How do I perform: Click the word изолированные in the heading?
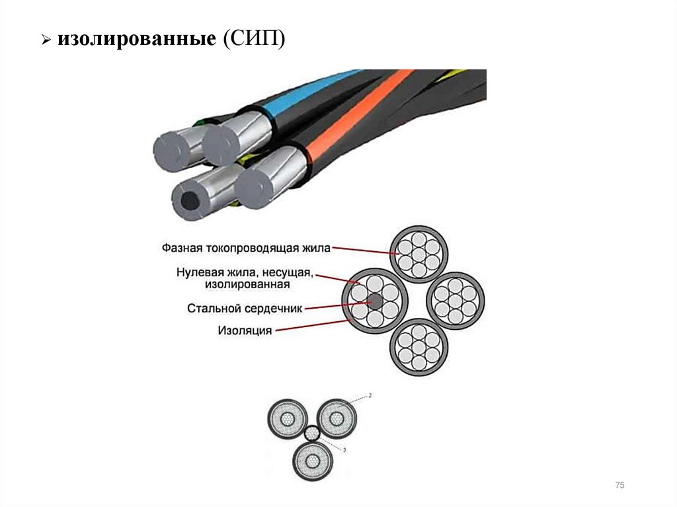click(135, 40)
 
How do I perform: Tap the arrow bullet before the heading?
click(46, 41)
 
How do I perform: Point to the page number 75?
click(619, 486)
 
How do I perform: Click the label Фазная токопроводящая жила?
click(245, 248)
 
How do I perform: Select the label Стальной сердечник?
click(244, 308)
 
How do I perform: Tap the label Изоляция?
click(245, 331)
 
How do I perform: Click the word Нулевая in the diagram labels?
click(198, 272)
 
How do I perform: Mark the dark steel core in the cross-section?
click(375, 301)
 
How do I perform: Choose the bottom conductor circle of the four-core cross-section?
click(418, 347)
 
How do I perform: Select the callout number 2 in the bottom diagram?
click(370, 395)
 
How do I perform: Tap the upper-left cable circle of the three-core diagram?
click(288, 419)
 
